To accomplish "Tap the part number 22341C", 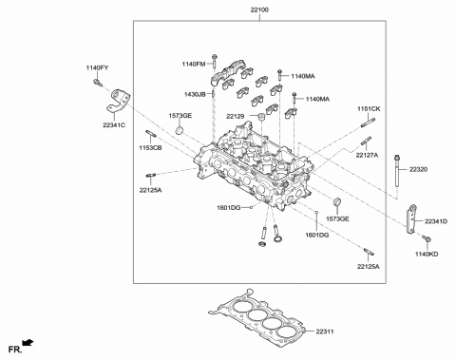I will click(x=116, y=123).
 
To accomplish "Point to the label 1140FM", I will click(x=194, y=63).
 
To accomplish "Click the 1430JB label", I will click(x=196, y=94).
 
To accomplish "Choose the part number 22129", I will click(x=237, y=115).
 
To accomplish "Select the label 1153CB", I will click(x=150, y=149).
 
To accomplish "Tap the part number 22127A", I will click(x=368, y=155).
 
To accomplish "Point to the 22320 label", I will click(x=420, y=168).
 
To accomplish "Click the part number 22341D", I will click(x=436, y=220).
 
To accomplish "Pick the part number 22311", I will click(x=323, y=332).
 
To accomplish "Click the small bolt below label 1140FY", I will click(x=98, y=82).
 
